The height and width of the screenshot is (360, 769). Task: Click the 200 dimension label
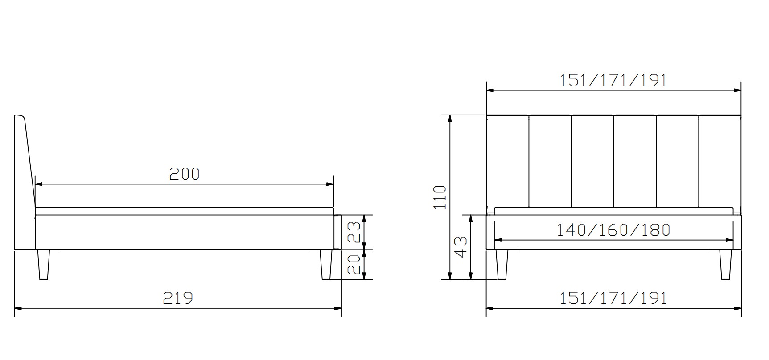pos(185,173)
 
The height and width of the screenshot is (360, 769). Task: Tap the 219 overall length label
pos(178,298)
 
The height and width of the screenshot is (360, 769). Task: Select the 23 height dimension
pos(355,233)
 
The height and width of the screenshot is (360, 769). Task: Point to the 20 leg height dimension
pos(355,265)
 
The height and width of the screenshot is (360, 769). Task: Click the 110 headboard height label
pos(440,197)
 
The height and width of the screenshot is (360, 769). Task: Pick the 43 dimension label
pos(461,247)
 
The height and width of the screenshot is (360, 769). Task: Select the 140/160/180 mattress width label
pos(613,230)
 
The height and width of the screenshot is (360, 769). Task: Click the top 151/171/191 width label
pos(613,80)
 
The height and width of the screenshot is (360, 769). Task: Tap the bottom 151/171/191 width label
pos(613,298)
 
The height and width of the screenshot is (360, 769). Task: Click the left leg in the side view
pos(43,265)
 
